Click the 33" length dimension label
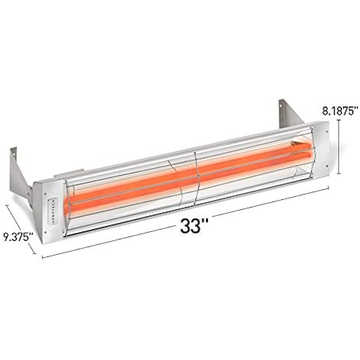point(194,226)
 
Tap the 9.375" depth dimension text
point(18,237)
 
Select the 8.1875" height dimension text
point(340,111)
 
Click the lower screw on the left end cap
point(45,232)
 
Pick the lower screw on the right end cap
point(326,165)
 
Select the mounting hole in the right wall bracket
point(280,106)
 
